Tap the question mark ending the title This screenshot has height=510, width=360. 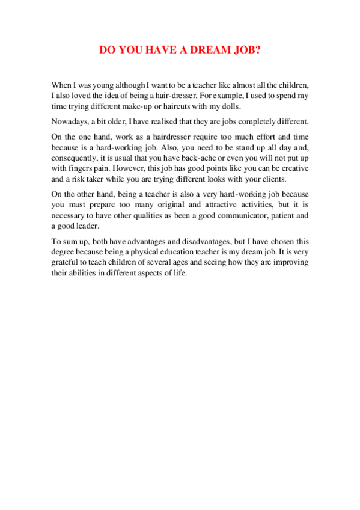click(258, 51)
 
